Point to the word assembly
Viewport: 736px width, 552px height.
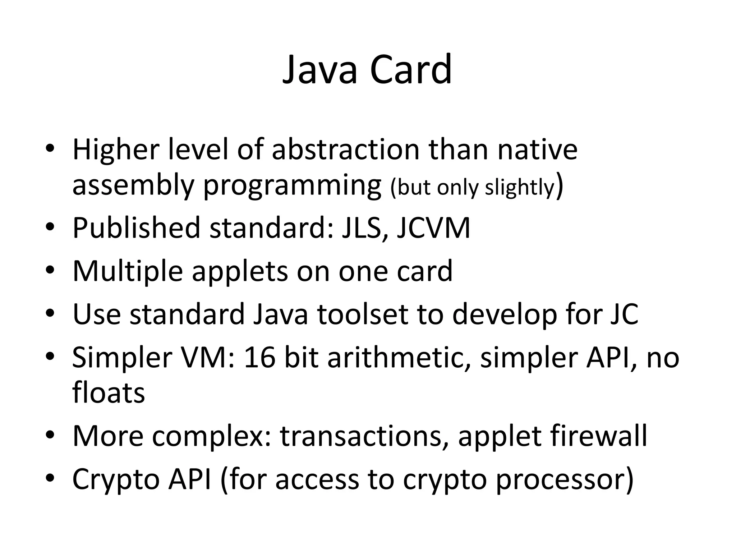click(133, 186)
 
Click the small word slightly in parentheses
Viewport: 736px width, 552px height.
click(520, 187)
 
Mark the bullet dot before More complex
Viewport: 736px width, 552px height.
click(50, 436)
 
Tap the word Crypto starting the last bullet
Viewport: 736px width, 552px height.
click(116, 479)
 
